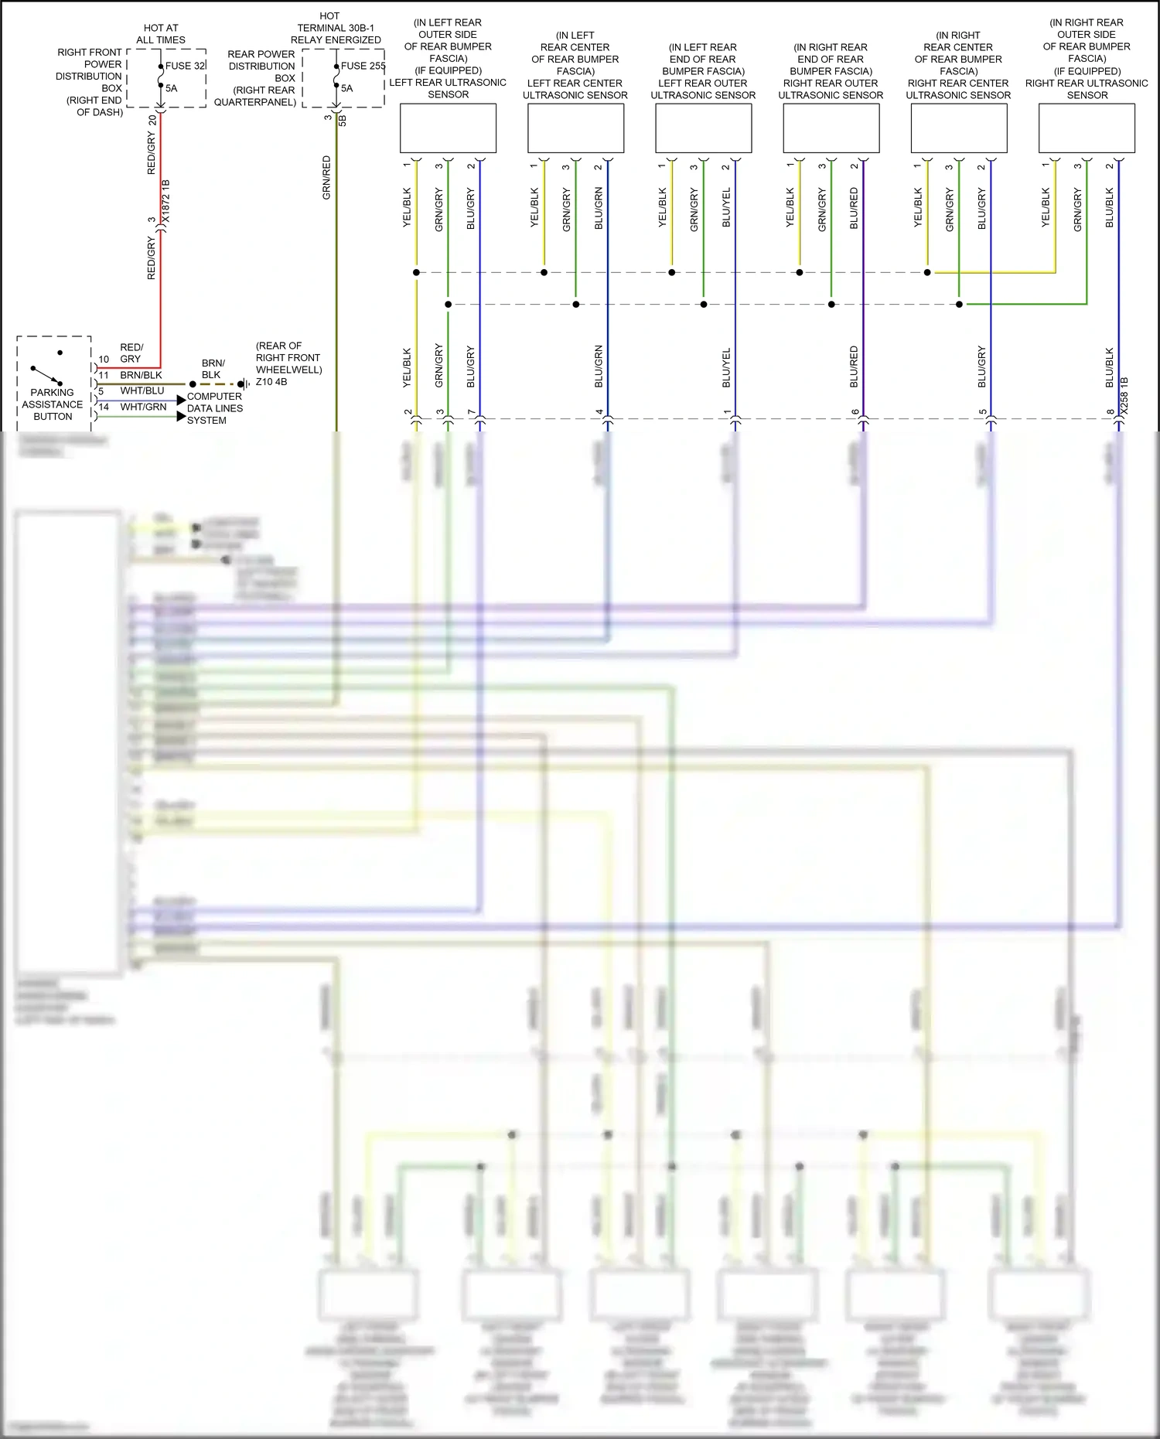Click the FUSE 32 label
pos(185,66)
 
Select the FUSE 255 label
pos(363,66)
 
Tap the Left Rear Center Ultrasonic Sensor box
pos(575,128)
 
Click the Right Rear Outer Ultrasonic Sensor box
pos(831,128)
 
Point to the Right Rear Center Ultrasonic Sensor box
pos(959,128)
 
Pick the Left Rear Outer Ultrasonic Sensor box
pos(703,128)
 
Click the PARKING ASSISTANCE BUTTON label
pos(53,404)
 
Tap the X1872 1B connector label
pos(165,203)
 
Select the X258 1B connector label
pos(1124,395)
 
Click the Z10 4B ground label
pos(271,382)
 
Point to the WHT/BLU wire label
pos(142,391)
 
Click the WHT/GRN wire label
pos(143,407)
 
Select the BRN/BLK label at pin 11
pos(141,376)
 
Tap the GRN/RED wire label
pos(326,178)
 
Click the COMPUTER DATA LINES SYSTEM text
pos(215,408)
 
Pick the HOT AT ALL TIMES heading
pos(161,34)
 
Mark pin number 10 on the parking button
pos(104,360)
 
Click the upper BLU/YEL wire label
pos(726,207)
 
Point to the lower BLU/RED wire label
pos(854,367)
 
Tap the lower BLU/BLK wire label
pos(1110,367)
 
